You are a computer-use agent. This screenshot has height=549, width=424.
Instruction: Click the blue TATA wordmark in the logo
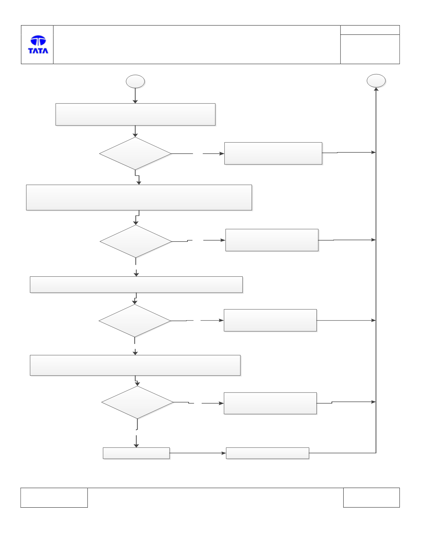[38, 51]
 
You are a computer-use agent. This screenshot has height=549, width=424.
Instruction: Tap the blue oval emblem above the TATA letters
[38, 40]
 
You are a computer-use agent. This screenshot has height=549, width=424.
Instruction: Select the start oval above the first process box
[135, 81]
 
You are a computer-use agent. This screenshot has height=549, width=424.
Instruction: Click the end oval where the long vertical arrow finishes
[376, 81]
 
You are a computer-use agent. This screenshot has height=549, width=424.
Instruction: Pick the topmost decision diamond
[135, 153]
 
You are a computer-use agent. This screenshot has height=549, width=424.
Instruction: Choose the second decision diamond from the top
[136, 241]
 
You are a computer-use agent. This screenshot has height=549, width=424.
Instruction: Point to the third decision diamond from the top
[135, 321]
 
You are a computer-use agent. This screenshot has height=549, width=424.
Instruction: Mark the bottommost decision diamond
[138, 402]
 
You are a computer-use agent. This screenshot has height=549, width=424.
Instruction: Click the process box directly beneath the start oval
[135, 114]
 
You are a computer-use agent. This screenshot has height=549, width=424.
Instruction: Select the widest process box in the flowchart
[139, 197]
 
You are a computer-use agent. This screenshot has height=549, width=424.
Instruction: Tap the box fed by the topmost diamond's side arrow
[273, 153]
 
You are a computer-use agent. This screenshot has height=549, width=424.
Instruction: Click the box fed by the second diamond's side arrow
[272, 240]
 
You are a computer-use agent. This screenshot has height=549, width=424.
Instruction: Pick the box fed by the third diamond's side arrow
[270, 321]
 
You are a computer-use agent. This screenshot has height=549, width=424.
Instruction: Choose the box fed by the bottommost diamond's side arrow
[270, 403]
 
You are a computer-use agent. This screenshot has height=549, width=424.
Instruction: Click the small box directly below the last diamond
[136, 453]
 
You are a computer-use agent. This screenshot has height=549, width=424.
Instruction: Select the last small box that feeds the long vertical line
[267, 453]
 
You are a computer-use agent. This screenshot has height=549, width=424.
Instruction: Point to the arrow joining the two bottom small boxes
[198, 453]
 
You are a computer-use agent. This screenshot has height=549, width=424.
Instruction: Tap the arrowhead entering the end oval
[376, 89]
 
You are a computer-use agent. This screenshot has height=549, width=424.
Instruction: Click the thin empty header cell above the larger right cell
[370, 30]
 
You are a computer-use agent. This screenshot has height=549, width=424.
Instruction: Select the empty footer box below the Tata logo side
[54, 497]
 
